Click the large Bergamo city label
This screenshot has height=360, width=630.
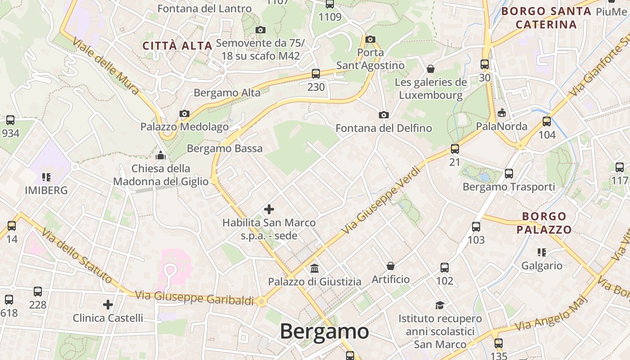(324, 332)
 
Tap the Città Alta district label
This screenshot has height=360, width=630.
(177, 45)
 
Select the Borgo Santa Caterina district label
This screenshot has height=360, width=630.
(546, 18)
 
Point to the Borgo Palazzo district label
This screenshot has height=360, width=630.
(544, 223)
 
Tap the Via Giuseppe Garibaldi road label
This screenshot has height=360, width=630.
(194, 297)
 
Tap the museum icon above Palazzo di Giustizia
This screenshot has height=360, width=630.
(315, 269)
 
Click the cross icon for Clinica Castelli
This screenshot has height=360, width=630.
(108, 305)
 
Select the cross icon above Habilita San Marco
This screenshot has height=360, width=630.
(269, 209)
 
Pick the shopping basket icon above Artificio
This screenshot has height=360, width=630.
(391, 266)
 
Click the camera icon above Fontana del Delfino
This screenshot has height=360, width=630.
(383, 115)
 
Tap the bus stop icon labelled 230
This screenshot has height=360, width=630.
(316, 73)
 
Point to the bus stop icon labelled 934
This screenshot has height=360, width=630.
(10, 120)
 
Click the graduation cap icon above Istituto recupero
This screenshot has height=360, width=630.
(440, 305)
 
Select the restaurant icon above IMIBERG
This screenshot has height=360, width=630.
(46, 177)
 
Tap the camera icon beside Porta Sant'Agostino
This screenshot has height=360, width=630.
(370, 39)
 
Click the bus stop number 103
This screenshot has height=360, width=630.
(476, 240)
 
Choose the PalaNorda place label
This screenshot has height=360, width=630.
(502, 126)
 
